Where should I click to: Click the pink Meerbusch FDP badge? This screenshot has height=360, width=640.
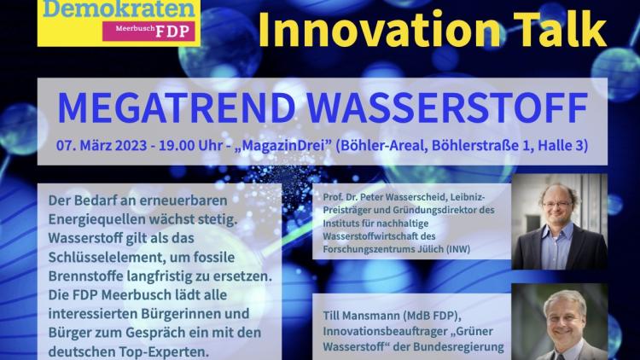click(x=148, y=31)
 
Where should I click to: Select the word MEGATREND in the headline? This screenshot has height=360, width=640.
click(x=177, y=107)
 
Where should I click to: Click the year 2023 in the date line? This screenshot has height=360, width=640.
click(x=131, y=146)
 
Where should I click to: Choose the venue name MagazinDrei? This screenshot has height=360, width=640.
click(x=282, y=146)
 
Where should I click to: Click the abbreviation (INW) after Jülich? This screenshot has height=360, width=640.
click(x=458, y=249)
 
